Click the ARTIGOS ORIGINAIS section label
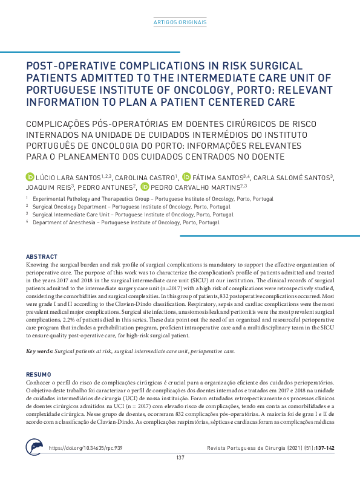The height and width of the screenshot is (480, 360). coord(180,22)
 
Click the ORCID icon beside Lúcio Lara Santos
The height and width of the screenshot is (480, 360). coord(30,177)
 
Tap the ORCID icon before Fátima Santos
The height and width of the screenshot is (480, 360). coord(186,177)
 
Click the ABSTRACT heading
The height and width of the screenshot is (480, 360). coord(42,257)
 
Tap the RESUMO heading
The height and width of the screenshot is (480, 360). coord(40,375)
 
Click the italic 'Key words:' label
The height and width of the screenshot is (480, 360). coord(40,351)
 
